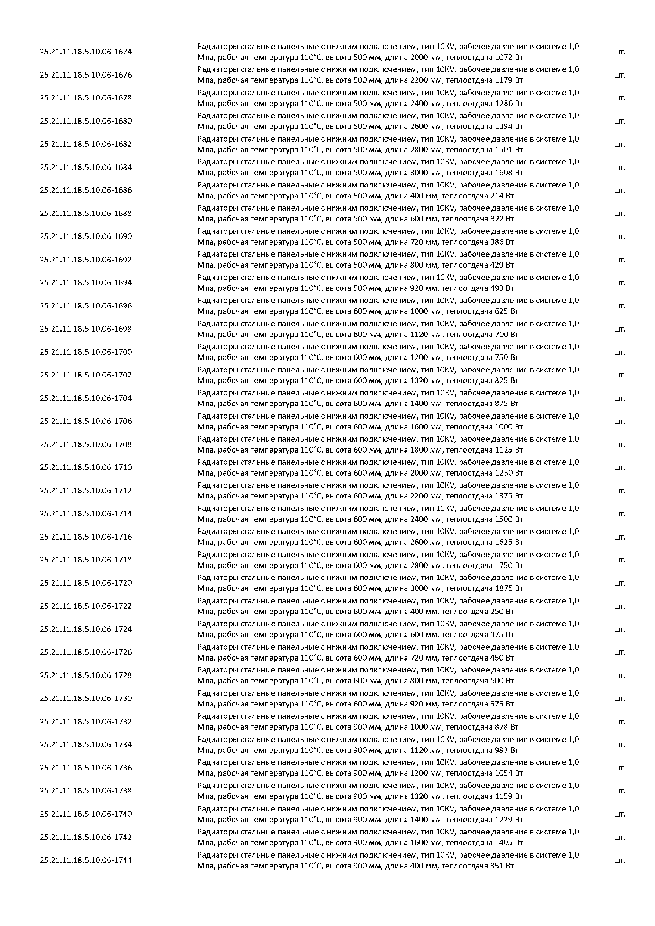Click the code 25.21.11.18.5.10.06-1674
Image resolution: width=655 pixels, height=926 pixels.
pos(86,52)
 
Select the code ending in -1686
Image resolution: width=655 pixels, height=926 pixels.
pos(86,190)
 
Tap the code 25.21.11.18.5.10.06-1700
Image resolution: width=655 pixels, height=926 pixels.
pos(86,352)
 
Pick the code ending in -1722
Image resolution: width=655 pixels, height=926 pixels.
pos(86,606)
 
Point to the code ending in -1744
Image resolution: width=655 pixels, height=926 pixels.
pos(86,860)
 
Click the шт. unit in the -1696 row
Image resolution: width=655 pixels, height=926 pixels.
pos(620,306)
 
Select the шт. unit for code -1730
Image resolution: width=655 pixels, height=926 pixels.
pos(620,699)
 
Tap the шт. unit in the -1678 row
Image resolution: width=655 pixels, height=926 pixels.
pos(620,98)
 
